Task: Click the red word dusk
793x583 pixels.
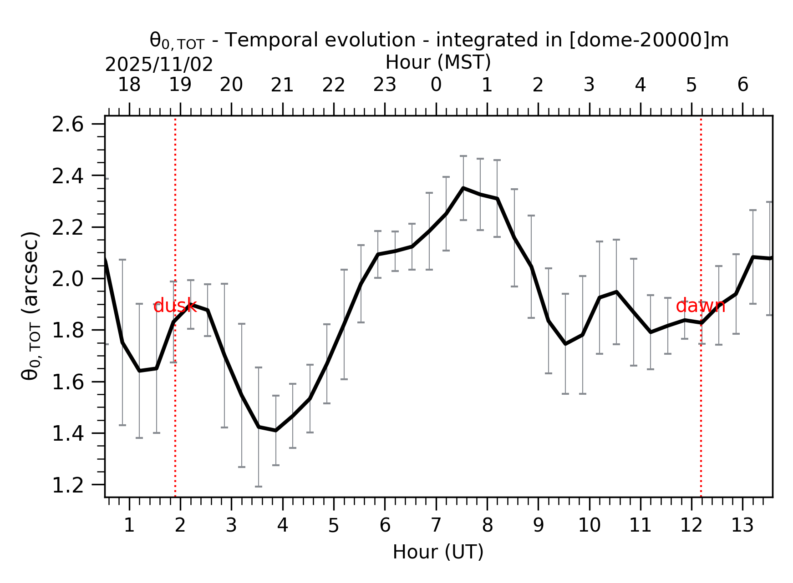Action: [x=175, y=306]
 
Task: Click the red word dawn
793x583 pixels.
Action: [x=700, y=306]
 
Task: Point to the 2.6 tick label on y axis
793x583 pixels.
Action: [x=68, y=125]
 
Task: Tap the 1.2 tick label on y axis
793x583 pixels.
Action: [x=68, y=485]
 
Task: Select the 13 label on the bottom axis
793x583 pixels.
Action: [x=742, y=525]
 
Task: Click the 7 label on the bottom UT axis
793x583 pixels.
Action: [x=436, y=525]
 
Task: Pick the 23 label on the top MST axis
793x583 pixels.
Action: [x=385, y=85]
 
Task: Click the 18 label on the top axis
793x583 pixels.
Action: [x=129, y=85]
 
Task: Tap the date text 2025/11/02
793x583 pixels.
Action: [x=159, y=65]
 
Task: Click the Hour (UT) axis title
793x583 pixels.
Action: [x=438, y=552]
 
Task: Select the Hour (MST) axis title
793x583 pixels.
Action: [x=438, y=62]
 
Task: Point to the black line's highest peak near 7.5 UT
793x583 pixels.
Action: [x=463, y=188]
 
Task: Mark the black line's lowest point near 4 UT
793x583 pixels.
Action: [x=275, y=430]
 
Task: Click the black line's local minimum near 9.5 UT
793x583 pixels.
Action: [x=565, y=344]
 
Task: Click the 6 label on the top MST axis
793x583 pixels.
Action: [x=742, y=85]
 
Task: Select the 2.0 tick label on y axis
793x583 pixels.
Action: [x=68, y=279]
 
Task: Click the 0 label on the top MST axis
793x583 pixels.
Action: [x=436, y=85]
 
